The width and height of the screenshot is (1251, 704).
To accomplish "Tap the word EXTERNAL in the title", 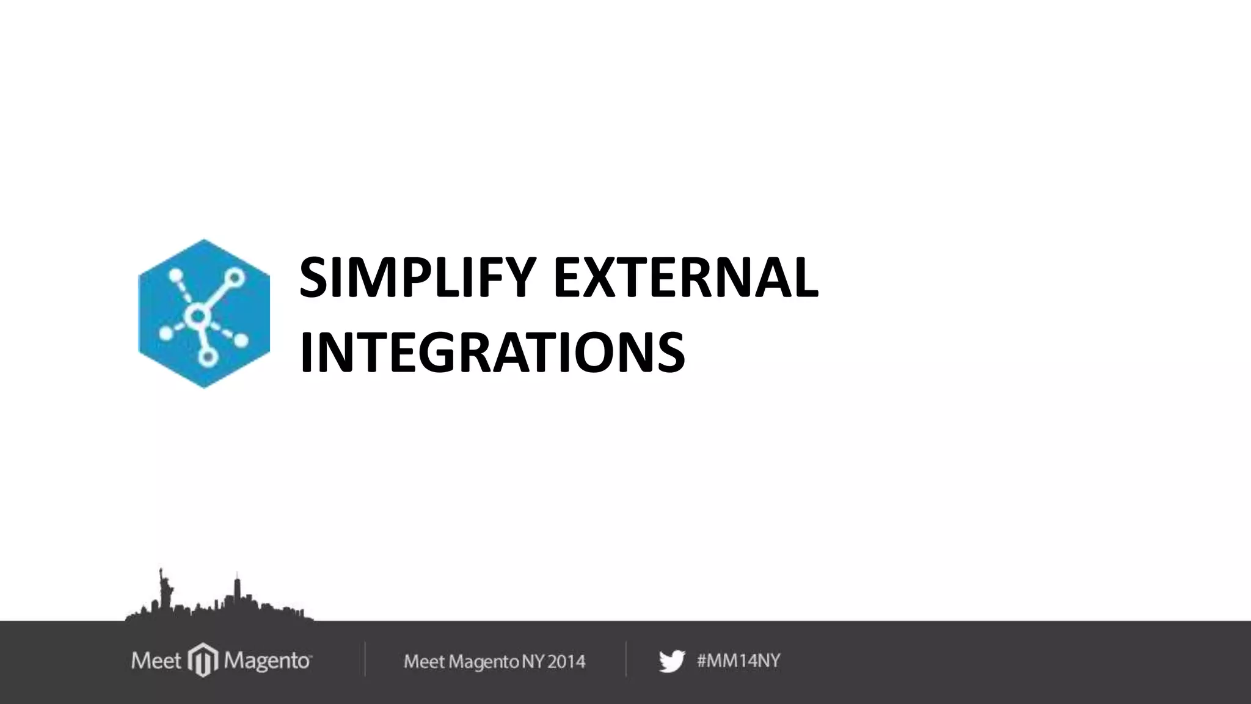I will pyautogui.click(x=685, y=279).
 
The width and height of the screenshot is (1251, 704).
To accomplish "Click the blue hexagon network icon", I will pyautogui.click(x=204, y=313).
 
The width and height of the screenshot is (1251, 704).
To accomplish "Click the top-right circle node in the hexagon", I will pyautogui.click(x=235, y=277).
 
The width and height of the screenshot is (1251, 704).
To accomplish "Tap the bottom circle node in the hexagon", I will pyautogui.click(x=208, y=358).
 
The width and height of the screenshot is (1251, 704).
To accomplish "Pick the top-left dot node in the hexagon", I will pyautogui.click(x=175, y=276).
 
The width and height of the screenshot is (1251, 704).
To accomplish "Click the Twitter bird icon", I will pyautogui.click(x=671, y=661).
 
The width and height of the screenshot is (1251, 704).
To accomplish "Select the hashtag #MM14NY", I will pyautogui.click(x=739, y=661).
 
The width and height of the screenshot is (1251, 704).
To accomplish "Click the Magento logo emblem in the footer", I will pyautogui.click(x=203, y=660).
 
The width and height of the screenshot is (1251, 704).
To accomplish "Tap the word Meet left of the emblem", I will pyautogui.click(x=156, y=661).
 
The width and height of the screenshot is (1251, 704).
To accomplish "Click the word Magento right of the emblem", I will pyautogui.click(x=267, y=661).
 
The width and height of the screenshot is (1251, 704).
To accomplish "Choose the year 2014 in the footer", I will pyautogui.click(x=566, y=661).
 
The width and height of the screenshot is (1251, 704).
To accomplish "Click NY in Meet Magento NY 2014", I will pyautogui.click(x=533, y=661).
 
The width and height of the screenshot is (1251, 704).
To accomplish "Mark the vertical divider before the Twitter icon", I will pyautogui.click(x=626, y=659).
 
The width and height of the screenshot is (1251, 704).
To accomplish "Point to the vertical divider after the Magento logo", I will pyautogui.click(x=365, y=659).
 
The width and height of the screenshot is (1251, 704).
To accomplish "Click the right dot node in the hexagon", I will pyautogui.click(x=240, y=340).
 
